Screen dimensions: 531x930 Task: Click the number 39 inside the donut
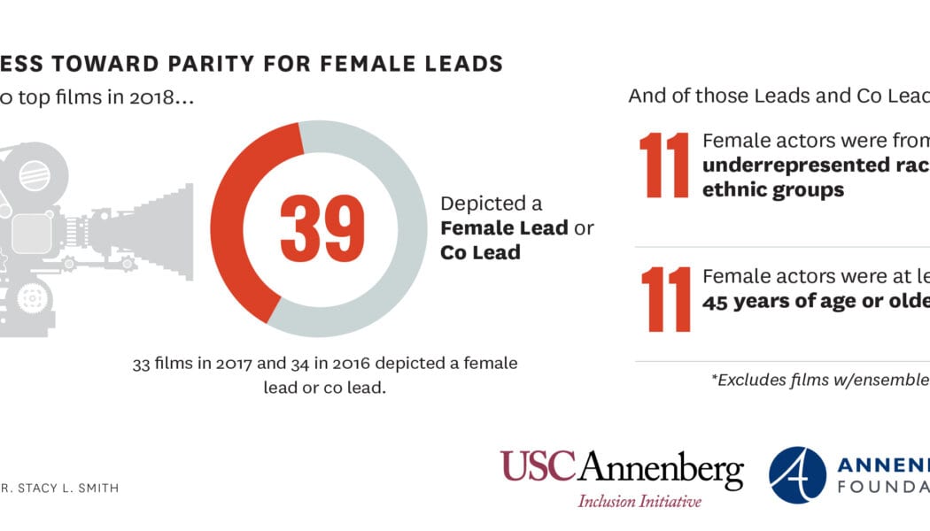click(x=322, y=229)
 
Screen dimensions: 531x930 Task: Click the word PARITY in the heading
click(x=225, y=64)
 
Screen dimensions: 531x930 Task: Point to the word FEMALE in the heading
click(x=382, y=64)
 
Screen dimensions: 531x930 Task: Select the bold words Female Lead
click(x=505, y=228)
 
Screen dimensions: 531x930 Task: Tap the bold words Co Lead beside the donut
click(x=480, y=252)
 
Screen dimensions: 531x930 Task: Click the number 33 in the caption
click(x=142, y=364)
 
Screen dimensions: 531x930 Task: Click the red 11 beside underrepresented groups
click(x=663, y=165)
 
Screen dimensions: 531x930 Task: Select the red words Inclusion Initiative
click(x=639, y=501)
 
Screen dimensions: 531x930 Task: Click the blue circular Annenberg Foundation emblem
click(x=797, y=474)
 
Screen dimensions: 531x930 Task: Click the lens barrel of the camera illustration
click(x=151, y=229)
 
